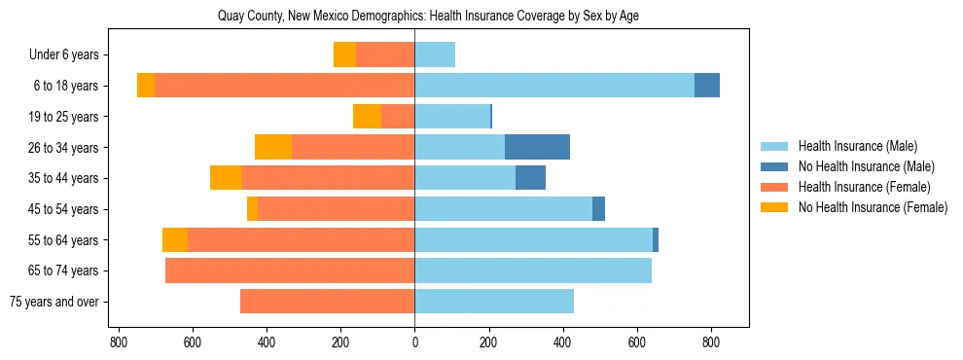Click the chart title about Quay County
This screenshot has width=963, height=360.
tap(414, 17)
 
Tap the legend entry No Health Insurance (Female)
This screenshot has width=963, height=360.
tap(873, 207)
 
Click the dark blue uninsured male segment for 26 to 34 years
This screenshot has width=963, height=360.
tap(537, 147)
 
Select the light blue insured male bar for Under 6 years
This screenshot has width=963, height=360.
tap(435, 54)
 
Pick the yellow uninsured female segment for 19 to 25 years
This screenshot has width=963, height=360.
tap(367, 117)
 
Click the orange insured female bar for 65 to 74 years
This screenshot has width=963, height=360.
tap(290, 270)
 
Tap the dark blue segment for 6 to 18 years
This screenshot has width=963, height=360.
tap(707, 86)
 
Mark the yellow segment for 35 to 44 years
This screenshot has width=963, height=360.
tap(226, 178)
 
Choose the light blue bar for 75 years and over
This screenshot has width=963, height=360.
tap(494, 302)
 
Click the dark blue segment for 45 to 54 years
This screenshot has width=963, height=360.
tap(598, 209)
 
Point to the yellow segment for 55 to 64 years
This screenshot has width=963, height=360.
tap(175, 239)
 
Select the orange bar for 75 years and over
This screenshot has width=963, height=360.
tap(327, 302)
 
